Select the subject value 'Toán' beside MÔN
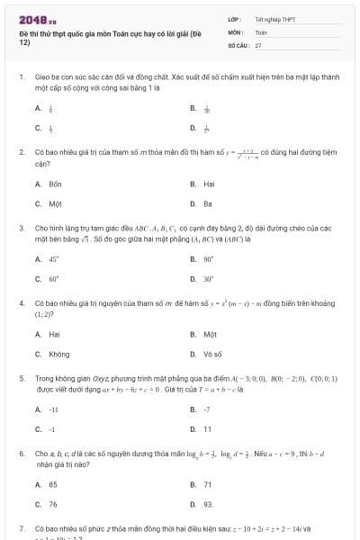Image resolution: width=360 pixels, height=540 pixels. click(x=262, y=31)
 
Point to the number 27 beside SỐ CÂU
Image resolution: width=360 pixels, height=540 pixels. click(x=258, y=44)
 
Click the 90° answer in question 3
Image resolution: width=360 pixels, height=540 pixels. click(x=209, y=259)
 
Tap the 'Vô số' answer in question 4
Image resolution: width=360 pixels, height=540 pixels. click(x=212, y=355)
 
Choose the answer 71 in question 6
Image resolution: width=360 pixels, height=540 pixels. click(x=207, y=484)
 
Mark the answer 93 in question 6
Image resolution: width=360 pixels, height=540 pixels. click(x=208, y=505)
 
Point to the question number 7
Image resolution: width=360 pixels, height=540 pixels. click(x=21, y=529)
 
